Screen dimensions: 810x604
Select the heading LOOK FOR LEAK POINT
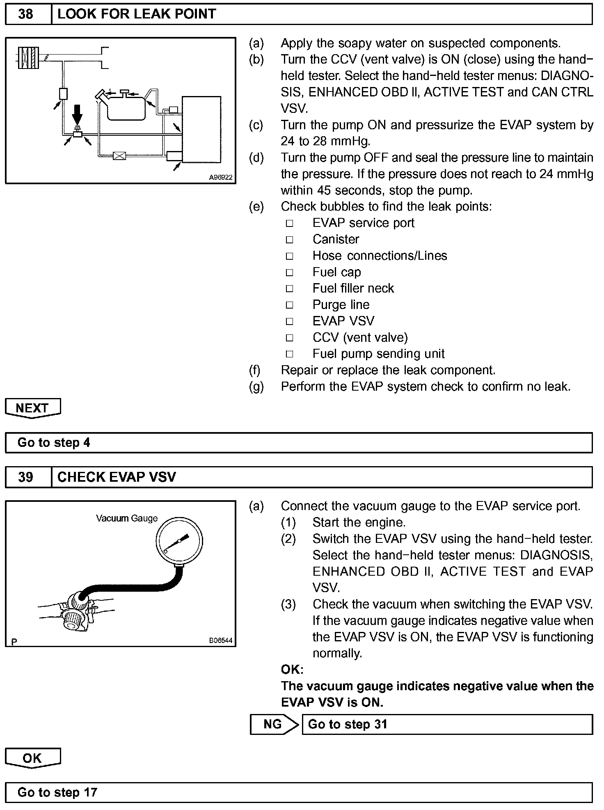click(x=137, y=14)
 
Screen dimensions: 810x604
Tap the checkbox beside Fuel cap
click(x=290, y=272)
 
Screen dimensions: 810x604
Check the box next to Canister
click(x=290, y=240)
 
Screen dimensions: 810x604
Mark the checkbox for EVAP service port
click(x=290, y=223)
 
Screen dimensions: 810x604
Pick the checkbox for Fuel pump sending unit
click(x=290, y=354)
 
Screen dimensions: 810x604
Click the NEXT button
click(x=32, y=408)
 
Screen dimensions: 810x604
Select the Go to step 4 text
click(x=54, y=443)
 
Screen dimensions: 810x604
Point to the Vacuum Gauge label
click(x=127, y=518)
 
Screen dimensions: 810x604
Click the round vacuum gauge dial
click(x=179, y=541)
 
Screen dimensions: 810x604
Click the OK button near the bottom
click(x=32, y=758)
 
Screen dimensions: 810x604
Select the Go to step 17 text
click(x=57, y=792)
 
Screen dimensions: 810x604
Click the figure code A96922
click(x=221, y=177)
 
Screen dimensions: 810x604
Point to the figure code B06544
click(x=221, y=640)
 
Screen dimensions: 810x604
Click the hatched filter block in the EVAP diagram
click(x=29, y=57)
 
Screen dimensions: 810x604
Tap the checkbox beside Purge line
click(x=290, y=305)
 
